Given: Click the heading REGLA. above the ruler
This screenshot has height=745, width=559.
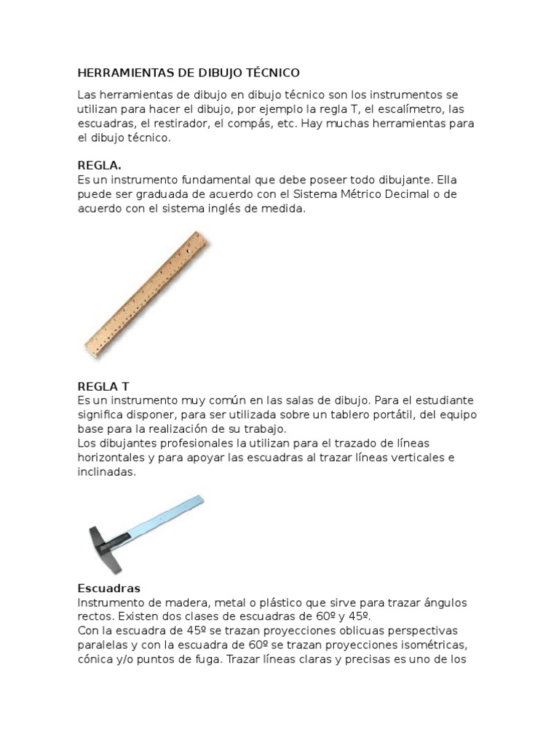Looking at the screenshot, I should (100, 165).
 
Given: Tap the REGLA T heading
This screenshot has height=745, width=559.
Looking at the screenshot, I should (103, 386).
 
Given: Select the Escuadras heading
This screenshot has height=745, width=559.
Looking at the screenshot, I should (108, 588).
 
